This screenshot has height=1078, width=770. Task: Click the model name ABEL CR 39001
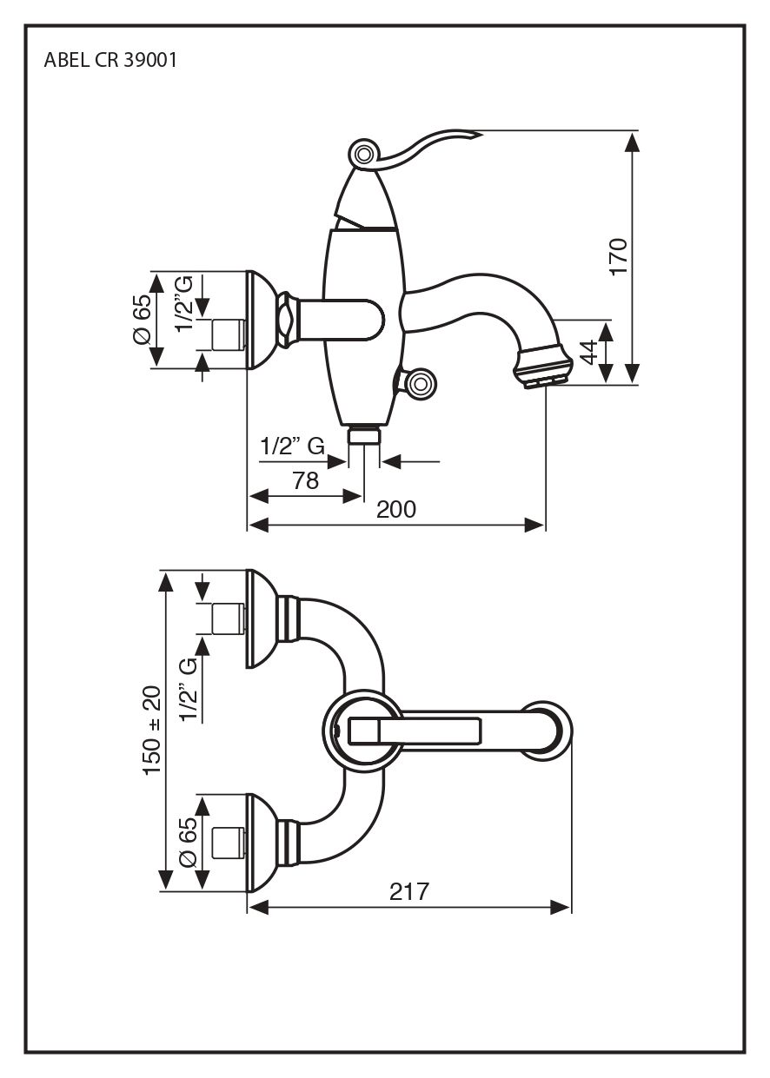tap(111, 62)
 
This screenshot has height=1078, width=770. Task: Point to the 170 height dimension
tap(618, 256)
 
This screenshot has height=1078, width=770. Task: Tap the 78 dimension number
tap(305, 480)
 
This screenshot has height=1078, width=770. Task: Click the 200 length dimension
tap(396, 510)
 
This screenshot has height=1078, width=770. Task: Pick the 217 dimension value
tap(409, 892)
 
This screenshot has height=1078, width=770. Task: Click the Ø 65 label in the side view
tap(142, 321)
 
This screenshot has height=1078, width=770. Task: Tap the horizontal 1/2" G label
tap(292, 447)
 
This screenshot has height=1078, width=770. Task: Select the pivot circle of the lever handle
tap(363, 155)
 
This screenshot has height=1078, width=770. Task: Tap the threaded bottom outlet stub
tap(364, 434)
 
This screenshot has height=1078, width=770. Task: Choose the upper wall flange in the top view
tap(262, 618)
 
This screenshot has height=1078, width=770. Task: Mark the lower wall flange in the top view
tap(262, 841)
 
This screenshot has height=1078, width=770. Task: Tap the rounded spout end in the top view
tap(553, 730)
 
